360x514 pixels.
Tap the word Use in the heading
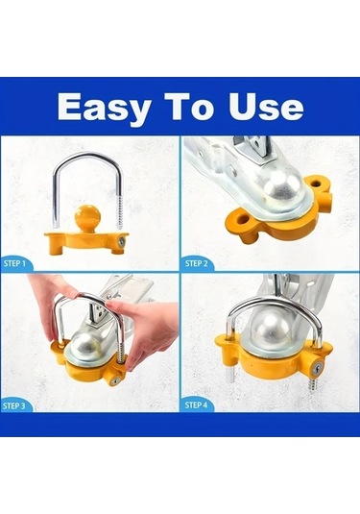point(266,106)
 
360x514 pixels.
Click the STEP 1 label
point(14,263)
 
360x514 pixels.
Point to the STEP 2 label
point(196,263)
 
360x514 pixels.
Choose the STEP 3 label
point(14,405)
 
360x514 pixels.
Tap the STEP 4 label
point(196,405)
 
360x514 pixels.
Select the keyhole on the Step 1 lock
point(122,242)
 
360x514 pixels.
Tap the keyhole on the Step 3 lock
point(114,381)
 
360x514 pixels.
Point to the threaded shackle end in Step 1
point(120,213)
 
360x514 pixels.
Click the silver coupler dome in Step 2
point(282,188)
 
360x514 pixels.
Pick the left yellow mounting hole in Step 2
point(243,220)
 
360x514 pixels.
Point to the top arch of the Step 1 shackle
point(86,158)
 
